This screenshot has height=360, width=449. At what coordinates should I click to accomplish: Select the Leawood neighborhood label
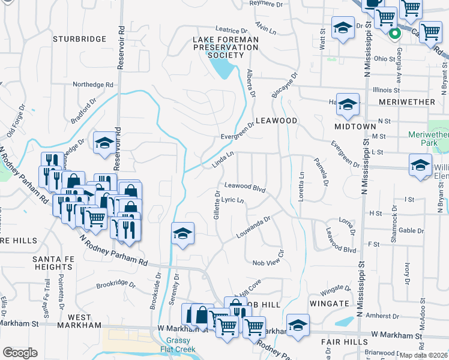click(x=277, y=121)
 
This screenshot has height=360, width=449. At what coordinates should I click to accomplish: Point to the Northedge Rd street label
click(x=93, y=85)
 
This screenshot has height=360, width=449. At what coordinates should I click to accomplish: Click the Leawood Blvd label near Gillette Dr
click(x=245, y=187)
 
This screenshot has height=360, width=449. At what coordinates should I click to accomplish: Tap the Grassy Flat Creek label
click(x=179, y=346)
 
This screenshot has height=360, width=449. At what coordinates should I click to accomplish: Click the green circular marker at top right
click(x=394, y=34)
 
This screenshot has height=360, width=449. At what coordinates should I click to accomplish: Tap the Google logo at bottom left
click(x=20, y=353)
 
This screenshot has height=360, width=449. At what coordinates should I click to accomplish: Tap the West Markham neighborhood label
click(x=80, y=321)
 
